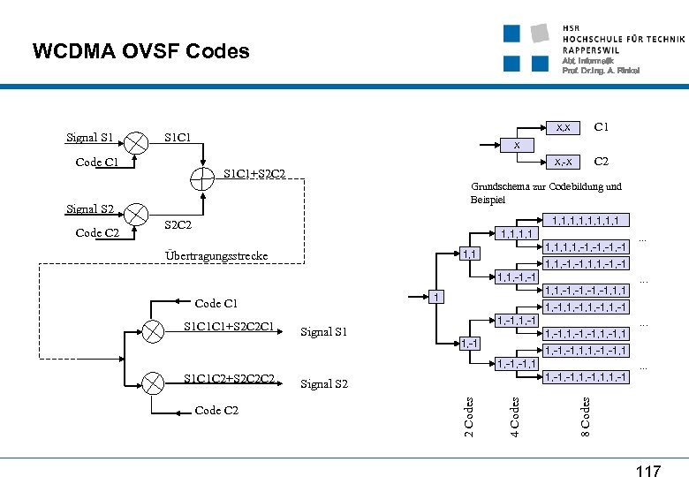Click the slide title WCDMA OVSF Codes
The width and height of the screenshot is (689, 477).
(141, 51)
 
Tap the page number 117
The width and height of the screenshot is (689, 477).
(647, 471)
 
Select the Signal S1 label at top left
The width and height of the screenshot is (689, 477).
(90, 138)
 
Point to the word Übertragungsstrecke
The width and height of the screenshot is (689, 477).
(216, 256)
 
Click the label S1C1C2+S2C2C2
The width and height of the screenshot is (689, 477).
(229, 380)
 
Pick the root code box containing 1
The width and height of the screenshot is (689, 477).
(435, 297)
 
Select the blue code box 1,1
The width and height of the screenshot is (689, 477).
(469, 254)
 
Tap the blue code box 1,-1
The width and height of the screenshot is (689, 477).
(469, 342)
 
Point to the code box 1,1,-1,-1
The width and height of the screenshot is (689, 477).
(517, 278)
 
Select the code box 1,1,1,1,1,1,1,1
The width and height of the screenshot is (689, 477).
(584, 220)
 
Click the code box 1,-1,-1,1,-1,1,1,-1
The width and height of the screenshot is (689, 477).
(585, 377)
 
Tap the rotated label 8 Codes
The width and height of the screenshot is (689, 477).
(585, 413)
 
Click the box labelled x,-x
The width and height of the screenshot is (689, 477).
(561, 162)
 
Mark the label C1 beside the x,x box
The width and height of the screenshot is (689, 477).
(601, 128)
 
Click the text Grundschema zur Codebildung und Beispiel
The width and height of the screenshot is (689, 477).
(546, 193)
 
